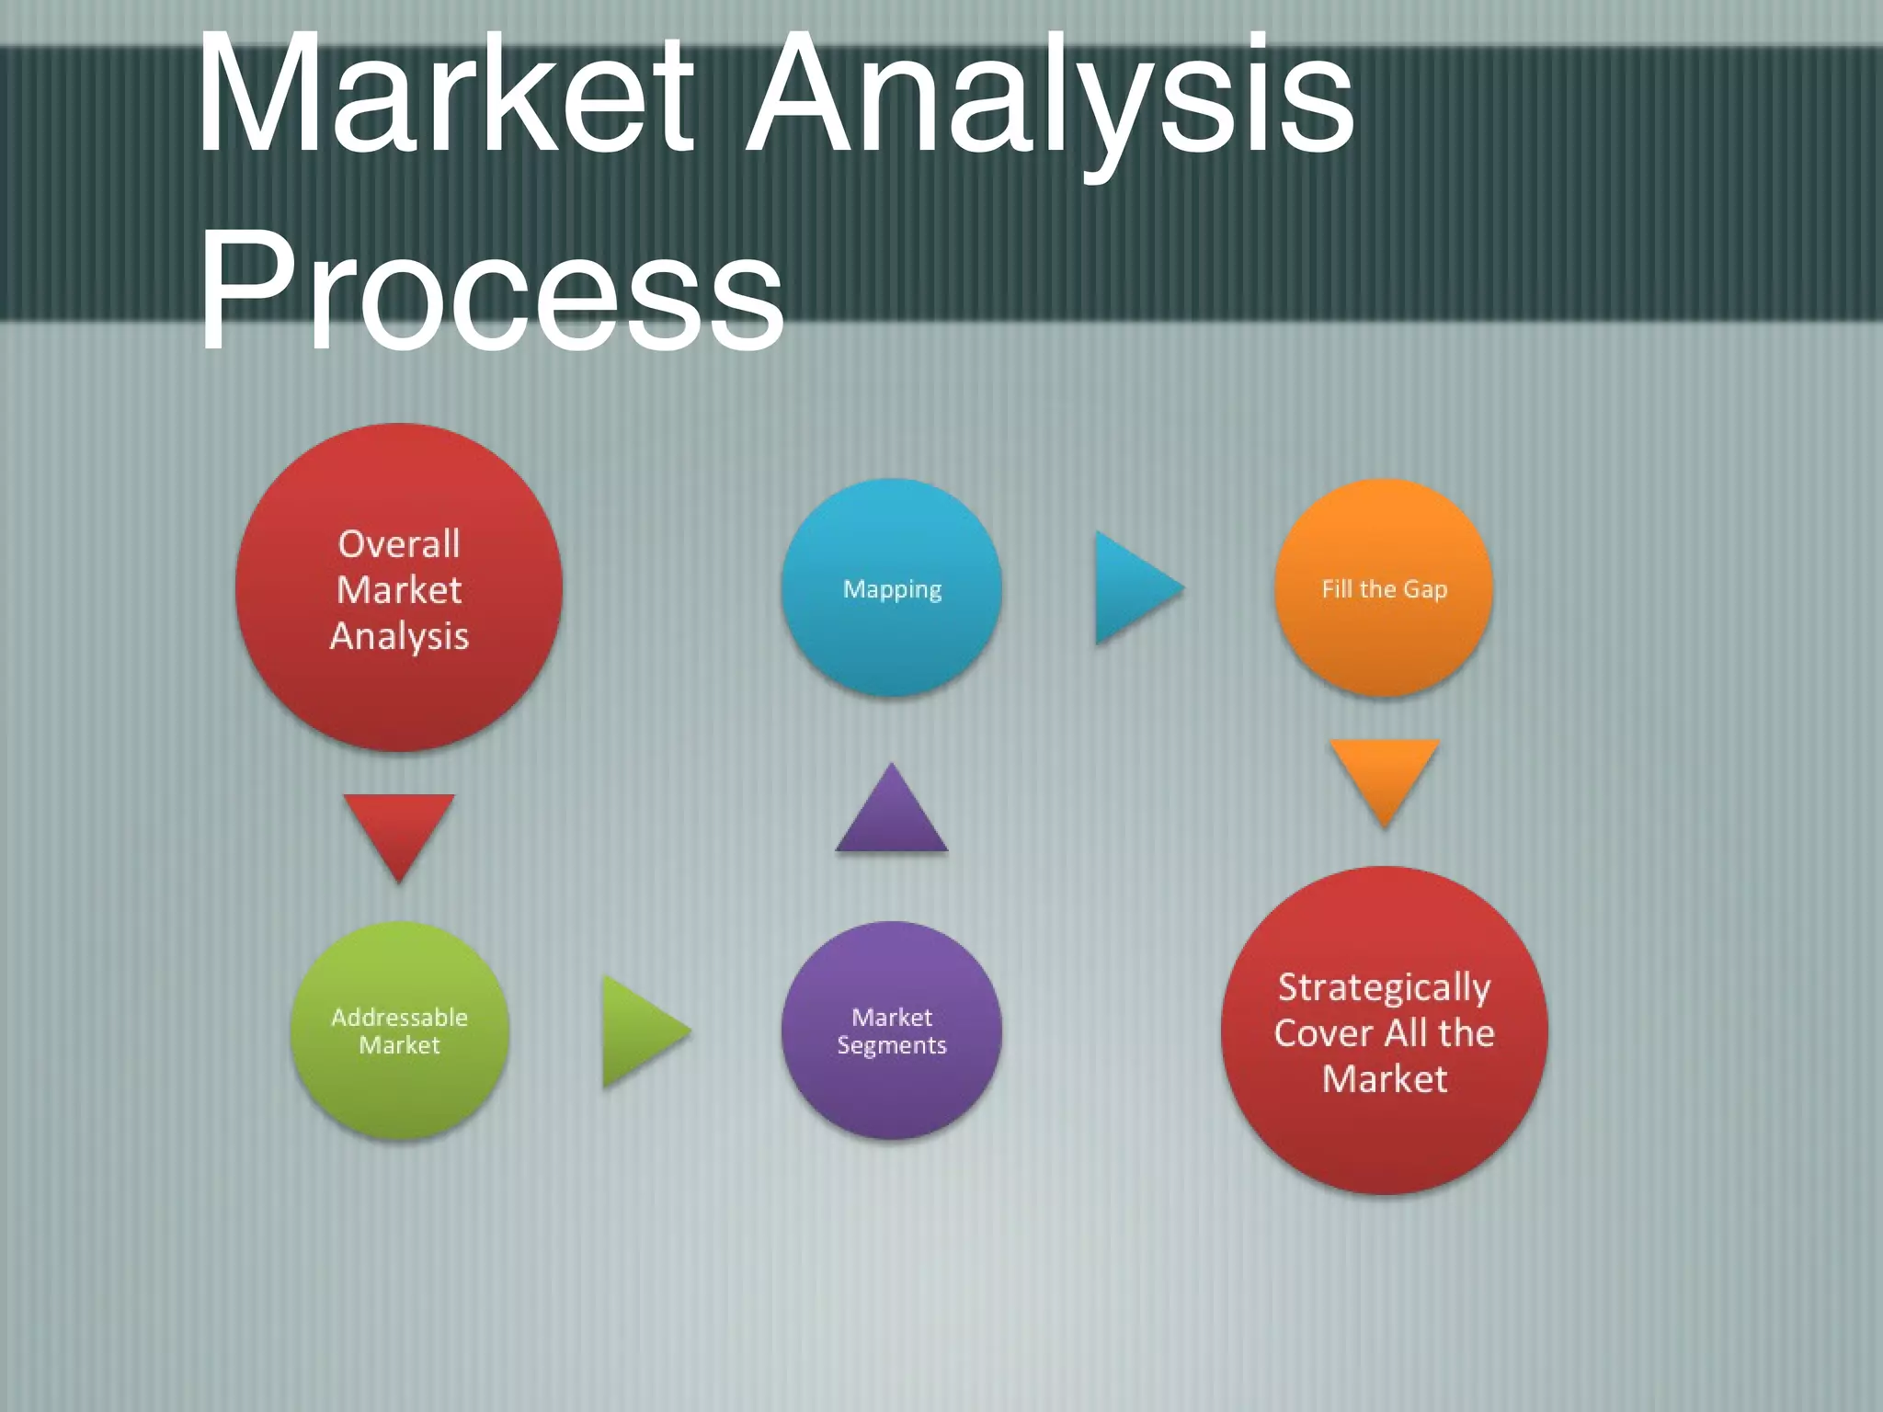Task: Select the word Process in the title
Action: [492, 292]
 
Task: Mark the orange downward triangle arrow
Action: [1384, 777]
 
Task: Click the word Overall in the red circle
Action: [399, 544]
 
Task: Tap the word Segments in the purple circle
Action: [891, 1046]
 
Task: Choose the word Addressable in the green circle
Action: [399, 1018]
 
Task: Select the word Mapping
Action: [892, 590]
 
